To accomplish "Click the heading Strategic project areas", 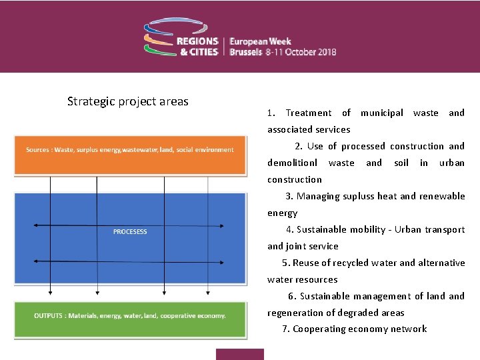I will pos(127,102).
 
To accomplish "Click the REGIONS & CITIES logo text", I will pos(197,45).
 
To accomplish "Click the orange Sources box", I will pos(130,150).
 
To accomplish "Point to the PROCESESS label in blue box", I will pos(130,231).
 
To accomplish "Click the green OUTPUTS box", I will pos(130,315).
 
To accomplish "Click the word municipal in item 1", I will pos(382,113).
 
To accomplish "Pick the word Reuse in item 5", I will pos(306,263).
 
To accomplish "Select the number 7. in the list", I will pos(286,329).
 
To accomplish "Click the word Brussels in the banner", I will pos(245,52).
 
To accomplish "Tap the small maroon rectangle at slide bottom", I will pos(239,354).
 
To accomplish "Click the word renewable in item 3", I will pos(442,197).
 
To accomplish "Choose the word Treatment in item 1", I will pos(308,113).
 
